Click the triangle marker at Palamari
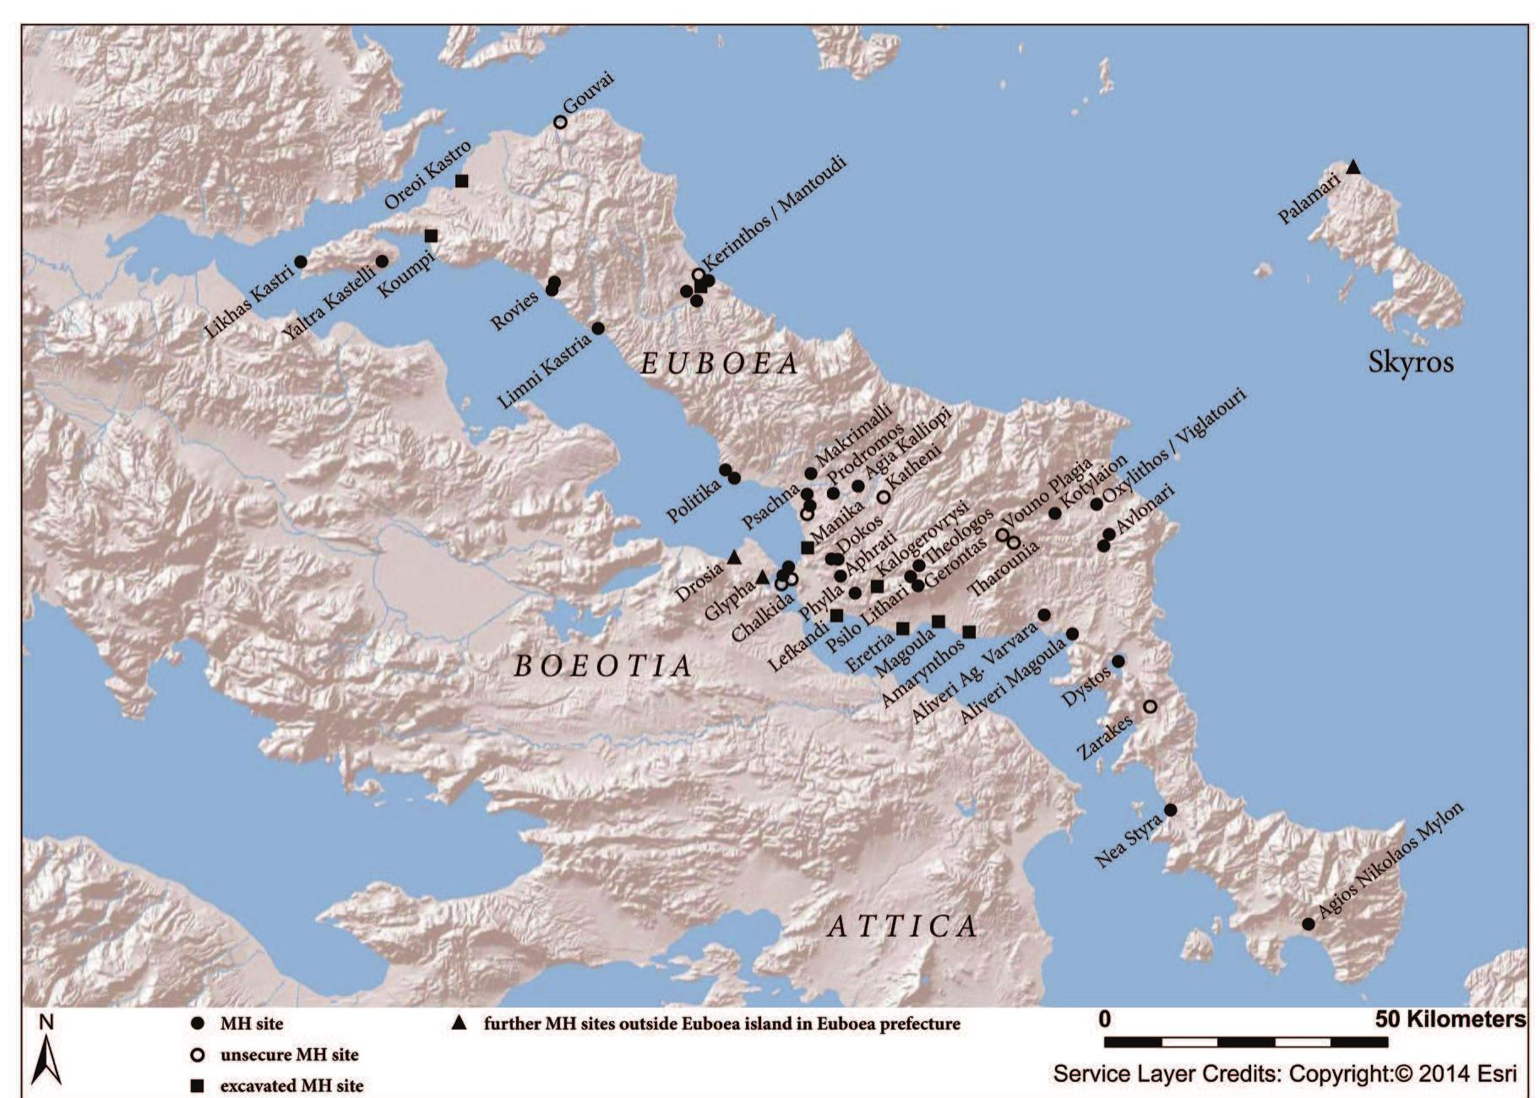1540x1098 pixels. [1352, 167]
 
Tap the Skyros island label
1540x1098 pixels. [1410, 362]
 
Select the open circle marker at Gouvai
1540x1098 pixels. [560, 122]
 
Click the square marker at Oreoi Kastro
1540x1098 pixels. [461, 181]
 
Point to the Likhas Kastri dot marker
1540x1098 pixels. [300, 262]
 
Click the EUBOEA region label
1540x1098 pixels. [720, 363]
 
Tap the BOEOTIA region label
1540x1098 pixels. [603, 666]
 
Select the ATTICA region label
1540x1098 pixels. [901, 927]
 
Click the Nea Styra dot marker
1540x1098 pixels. [1170, 810]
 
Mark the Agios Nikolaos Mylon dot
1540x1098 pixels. [1308, 924]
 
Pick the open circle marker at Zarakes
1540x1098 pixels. [1150, 706]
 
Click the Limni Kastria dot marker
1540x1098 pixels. [598, 328]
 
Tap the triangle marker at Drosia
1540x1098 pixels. [734, 557]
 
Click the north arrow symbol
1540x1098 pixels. [46, 1061]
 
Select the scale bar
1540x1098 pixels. [1245, 1042]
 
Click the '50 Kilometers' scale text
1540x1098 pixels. [1450, 1019]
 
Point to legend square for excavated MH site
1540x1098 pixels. [198, 1086]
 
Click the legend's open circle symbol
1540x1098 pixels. [198, 1055]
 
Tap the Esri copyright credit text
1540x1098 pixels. [1284, 1074]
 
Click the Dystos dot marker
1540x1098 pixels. [1118, 661]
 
